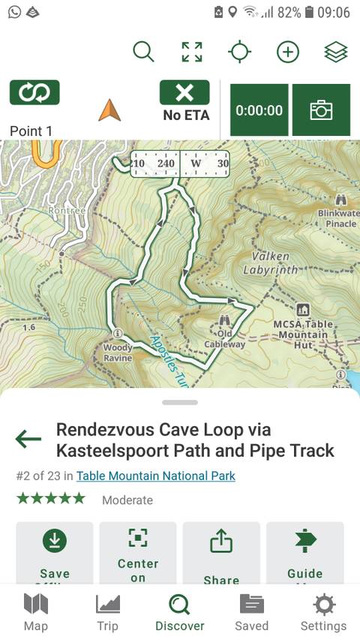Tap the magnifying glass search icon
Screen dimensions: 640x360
tap(143, 52)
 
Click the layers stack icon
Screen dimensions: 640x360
tap(335, 52)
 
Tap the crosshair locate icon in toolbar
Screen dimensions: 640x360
tap(239, 52)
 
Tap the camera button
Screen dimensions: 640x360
tap(321, 110)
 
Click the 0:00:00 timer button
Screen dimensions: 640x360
tap(259, 110)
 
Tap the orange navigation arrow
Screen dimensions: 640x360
tap(109, 111)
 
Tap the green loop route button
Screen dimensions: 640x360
tap(34, 93)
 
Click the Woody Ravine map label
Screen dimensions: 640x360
tap(118, 352)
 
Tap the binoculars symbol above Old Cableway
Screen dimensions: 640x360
tap(224, 321)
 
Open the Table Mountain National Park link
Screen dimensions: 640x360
tap(155, 476)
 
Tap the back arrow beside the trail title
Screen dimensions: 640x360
tap(28, 439)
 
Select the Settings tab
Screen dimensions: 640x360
tap(323, 612)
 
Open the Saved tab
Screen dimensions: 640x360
tap(251, 612)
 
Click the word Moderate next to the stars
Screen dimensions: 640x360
tap(127, 500)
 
